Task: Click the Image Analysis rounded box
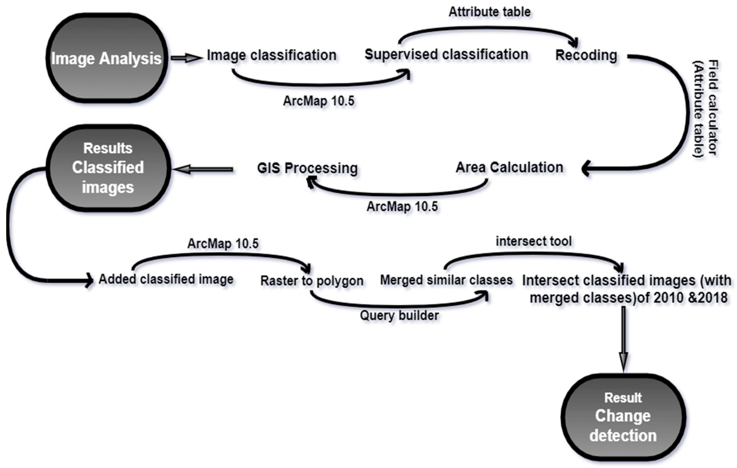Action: pos(107,58)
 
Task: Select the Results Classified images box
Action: pos(108,168)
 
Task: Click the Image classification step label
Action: pos(272,55)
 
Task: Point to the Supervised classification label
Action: pos(446,55)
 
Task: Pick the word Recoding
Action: pos(586,56)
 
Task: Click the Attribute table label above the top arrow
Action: pos(489,12)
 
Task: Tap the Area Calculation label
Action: pos(509,168)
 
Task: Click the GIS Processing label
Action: pos(307,168)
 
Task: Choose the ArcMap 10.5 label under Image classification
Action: pos(319,101)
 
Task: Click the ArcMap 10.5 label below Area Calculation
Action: pos(402,207)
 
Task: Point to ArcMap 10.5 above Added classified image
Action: pos(223,244)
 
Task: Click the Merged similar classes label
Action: pos(446,280)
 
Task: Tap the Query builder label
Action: pos(399,316)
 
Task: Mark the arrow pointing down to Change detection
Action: pos(623,339)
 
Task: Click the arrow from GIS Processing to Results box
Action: pos(203,169)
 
